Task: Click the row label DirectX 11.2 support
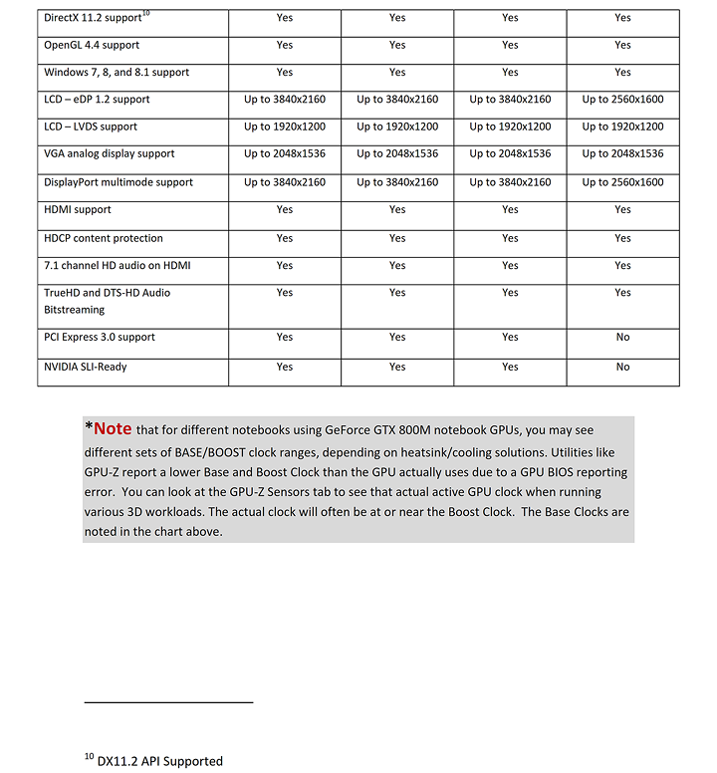[x=91, y=19]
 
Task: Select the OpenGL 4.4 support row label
[x=92, y=45]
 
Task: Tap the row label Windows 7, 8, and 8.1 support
[x=117, y=73]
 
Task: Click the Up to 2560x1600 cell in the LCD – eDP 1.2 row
[x=622, y=100]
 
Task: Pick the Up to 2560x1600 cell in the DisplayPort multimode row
[x=622, y=182]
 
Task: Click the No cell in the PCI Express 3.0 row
[x=622, y=338]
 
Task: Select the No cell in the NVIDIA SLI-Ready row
[x=622, y=368]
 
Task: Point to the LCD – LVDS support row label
[x=91, y=128]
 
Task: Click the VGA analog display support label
[x=110, y=154]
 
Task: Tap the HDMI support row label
[x=78, y=210]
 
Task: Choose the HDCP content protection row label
[x=104, y=239]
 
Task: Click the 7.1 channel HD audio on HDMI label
[x=118, y=266]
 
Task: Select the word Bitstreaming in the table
[x=75, y=310]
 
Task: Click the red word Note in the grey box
[x=113, y=428]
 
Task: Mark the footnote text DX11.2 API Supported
[x=159, y=761]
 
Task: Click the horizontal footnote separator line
[x=168, y=703]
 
